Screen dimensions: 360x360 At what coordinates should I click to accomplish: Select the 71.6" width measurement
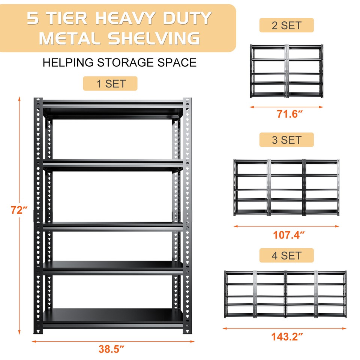tap(289, 114)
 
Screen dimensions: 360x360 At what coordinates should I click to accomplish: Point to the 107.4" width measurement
tap(288, 235)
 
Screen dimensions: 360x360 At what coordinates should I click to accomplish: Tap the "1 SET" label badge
tap(110, 84)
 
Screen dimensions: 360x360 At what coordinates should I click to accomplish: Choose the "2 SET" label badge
tap(286, 25)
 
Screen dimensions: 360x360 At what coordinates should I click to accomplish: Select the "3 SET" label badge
tap(286, 140)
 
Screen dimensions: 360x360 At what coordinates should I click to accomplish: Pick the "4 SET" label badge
tap(286, 255)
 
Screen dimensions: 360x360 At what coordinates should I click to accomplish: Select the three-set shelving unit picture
tap(287, 187)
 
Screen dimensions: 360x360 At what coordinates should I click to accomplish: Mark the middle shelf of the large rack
tap(112, 226)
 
